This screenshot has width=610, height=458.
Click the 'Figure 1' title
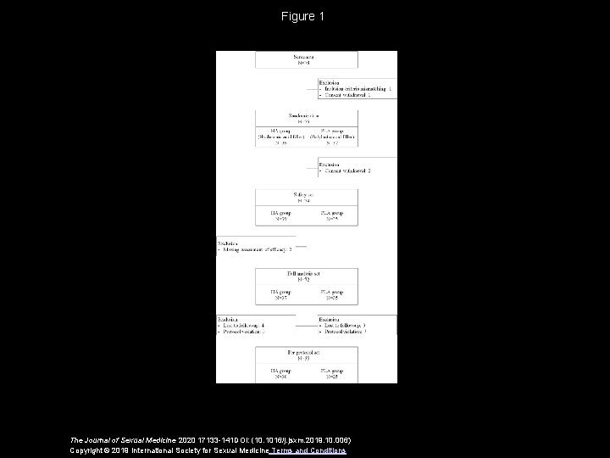tap(304, 16)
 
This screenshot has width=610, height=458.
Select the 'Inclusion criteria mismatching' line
tap(356, 87)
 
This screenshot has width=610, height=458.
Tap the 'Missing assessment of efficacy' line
tap(256, 249)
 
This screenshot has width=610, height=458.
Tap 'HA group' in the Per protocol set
tap(280, 371)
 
